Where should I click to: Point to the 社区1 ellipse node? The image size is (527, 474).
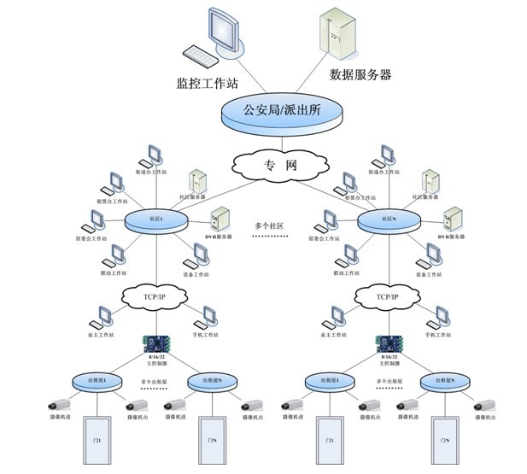[x=156, y=220]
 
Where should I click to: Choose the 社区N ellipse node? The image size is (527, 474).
[x=389, y=219]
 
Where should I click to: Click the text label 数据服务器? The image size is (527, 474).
[x=360, y=75]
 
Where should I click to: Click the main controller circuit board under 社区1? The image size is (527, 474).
[x=156, y=344]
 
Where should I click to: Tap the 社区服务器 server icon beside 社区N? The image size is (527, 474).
[x=432, y=182]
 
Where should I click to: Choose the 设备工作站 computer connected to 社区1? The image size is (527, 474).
[x=199, y=254]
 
